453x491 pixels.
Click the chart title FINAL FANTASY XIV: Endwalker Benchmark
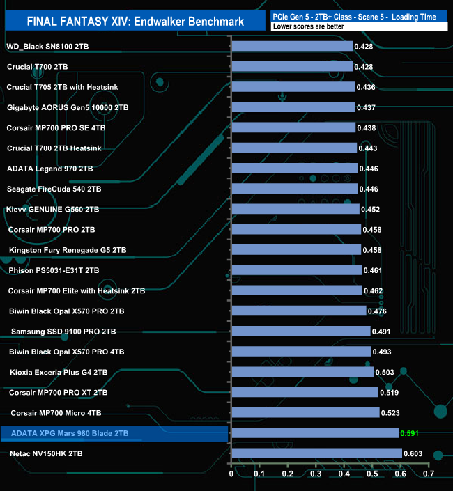tap(135, 22)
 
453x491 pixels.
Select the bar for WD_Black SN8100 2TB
tap(291, 46)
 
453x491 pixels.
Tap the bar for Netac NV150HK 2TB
tap(316, 453)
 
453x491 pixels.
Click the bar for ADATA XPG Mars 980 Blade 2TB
tap(314, 433)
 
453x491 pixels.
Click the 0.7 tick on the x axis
tap(429, 474)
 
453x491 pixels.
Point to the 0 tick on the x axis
tap(231, 474)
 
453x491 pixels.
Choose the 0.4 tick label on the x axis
tap(344, 474)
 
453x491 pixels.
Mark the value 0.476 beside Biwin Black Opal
tap(377, 311)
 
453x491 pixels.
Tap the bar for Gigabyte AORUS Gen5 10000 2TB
tap(293, 107)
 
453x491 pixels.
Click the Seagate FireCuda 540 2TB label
tap(54, 189)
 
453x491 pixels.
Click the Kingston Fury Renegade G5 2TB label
tap(68, 250)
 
